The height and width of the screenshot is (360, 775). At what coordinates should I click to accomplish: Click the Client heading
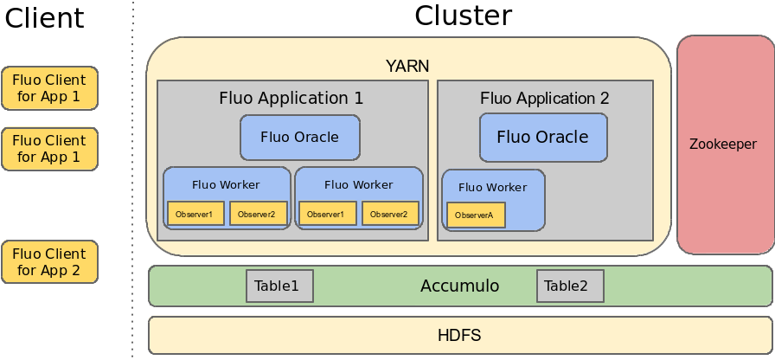point(45,18)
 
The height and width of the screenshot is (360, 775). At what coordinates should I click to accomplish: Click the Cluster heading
point(463,16)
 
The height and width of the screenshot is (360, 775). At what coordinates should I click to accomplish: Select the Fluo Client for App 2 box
point(49,262)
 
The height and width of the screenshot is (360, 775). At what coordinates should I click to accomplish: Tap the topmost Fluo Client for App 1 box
point(49,88)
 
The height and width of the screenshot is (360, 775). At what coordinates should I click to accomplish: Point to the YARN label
point(407,66)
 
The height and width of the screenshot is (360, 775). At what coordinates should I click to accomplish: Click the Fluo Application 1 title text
point(291,98)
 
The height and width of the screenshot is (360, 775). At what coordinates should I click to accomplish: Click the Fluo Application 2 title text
point(545,98)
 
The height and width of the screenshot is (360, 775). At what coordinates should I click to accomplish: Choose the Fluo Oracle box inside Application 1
point(300,138)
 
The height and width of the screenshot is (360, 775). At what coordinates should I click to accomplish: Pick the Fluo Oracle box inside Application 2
point(543,138)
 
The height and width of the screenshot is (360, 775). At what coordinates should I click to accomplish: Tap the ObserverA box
point(476,215)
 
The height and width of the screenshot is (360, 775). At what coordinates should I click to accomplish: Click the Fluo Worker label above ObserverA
point(492,187)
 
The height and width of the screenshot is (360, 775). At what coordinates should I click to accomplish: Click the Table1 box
point(279,286)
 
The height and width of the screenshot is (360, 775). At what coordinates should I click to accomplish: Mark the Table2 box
point(570,286)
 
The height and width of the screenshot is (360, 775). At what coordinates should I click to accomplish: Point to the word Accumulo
point(459,286)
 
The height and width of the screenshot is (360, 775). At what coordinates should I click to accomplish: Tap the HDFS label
point(459,335)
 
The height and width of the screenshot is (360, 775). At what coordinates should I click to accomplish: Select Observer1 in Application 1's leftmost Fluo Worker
point(195,214)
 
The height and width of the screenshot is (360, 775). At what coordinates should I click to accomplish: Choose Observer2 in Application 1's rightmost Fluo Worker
point(390,214)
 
